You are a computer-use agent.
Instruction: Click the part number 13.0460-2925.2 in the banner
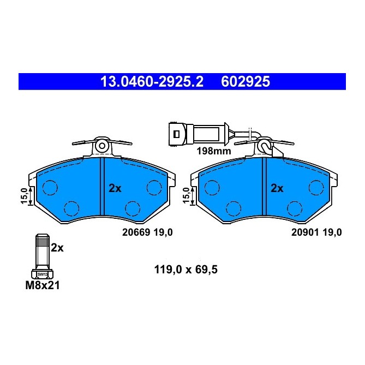pos(151,82)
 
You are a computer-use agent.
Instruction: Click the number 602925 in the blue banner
pos(246,82)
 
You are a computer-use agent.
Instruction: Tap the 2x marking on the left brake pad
pos(115,188)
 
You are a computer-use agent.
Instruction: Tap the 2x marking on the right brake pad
pos(277,188)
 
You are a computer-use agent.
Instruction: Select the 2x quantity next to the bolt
pos(57,247)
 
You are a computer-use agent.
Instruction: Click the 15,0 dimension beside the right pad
pos(187,195)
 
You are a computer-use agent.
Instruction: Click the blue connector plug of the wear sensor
pos(177,134)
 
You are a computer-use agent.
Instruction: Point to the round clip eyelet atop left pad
pos(102,146)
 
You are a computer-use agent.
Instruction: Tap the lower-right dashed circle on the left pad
pos(131,208)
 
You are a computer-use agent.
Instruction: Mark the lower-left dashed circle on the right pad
pos(234,208)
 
